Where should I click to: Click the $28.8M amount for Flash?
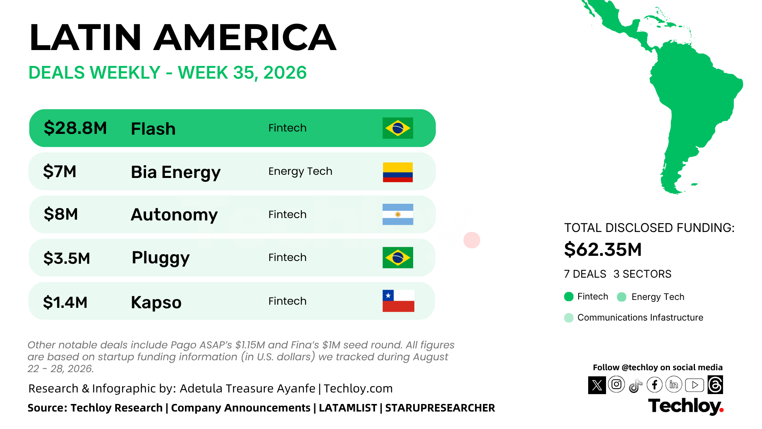pos(75,128)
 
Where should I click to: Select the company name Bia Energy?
pos(175,172)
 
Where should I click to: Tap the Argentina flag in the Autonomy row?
pos(398,214)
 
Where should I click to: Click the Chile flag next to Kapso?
pos(398,301)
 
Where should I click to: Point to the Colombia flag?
pos(398,172)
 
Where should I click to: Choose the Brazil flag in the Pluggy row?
pos(398,257)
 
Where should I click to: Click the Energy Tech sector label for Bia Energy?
pos(300,171)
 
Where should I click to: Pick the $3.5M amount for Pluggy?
pos(67,258)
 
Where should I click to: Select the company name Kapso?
pos(156,302)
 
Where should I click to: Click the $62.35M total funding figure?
pos(603,249)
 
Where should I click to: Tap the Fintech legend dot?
pos(569,297)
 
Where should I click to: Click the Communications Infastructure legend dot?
pos(569,318)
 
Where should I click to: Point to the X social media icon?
pos(597,385)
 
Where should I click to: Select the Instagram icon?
pos(616,384)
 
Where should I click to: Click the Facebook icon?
pos(654,385)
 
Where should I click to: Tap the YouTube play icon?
pos(695,385)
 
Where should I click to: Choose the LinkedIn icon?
pos(674,385)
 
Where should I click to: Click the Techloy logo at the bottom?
pos(686,406)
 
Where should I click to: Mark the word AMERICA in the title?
pos(245,37)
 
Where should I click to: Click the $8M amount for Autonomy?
pos(61,214)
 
